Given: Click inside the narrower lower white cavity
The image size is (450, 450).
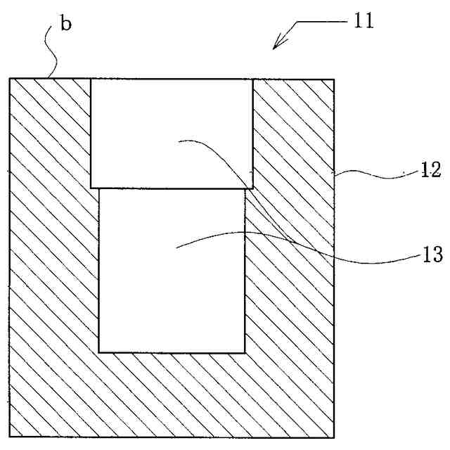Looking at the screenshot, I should (172, 281).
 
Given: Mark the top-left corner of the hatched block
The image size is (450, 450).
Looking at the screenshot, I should (10, 78).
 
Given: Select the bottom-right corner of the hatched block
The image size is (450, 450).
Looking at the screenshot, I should (334, 437).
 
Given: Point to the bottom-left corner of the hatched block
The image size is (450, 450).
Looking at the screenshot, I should (10, 437).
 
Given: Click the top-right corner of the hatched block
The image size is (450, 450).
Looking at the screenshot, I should (334, 78).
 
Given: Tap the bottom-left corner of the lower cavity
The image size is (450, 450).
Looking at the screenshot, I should (99, 352).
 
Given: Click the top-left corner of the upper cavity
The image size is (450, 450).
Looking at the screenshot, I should (91, 78).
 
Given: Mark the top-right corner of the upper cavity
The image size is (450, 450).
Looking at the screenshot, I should (252, 78).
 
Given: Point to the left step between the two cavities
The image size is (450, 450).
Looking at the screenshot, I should (95, 188).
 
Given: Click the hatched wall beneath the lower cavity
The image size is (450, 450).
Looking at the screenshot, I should (172, 394).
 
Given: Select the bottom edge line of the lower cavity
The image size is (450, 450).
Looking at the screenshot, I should (172, 352).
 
